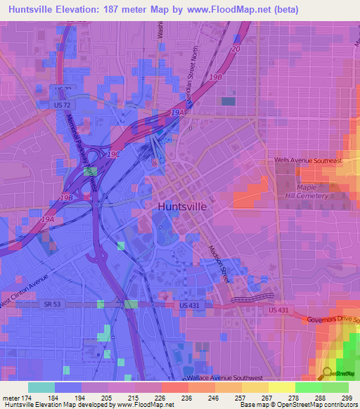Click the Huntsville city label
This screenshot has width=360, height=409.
pos(182,207)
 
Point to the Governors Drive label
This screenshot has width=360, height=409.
pos(333,320)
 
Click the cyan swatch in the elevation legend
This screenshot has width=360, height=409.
pos(41,387)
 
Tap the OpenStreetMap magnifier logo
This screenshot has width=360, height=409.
pos(328,372)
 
